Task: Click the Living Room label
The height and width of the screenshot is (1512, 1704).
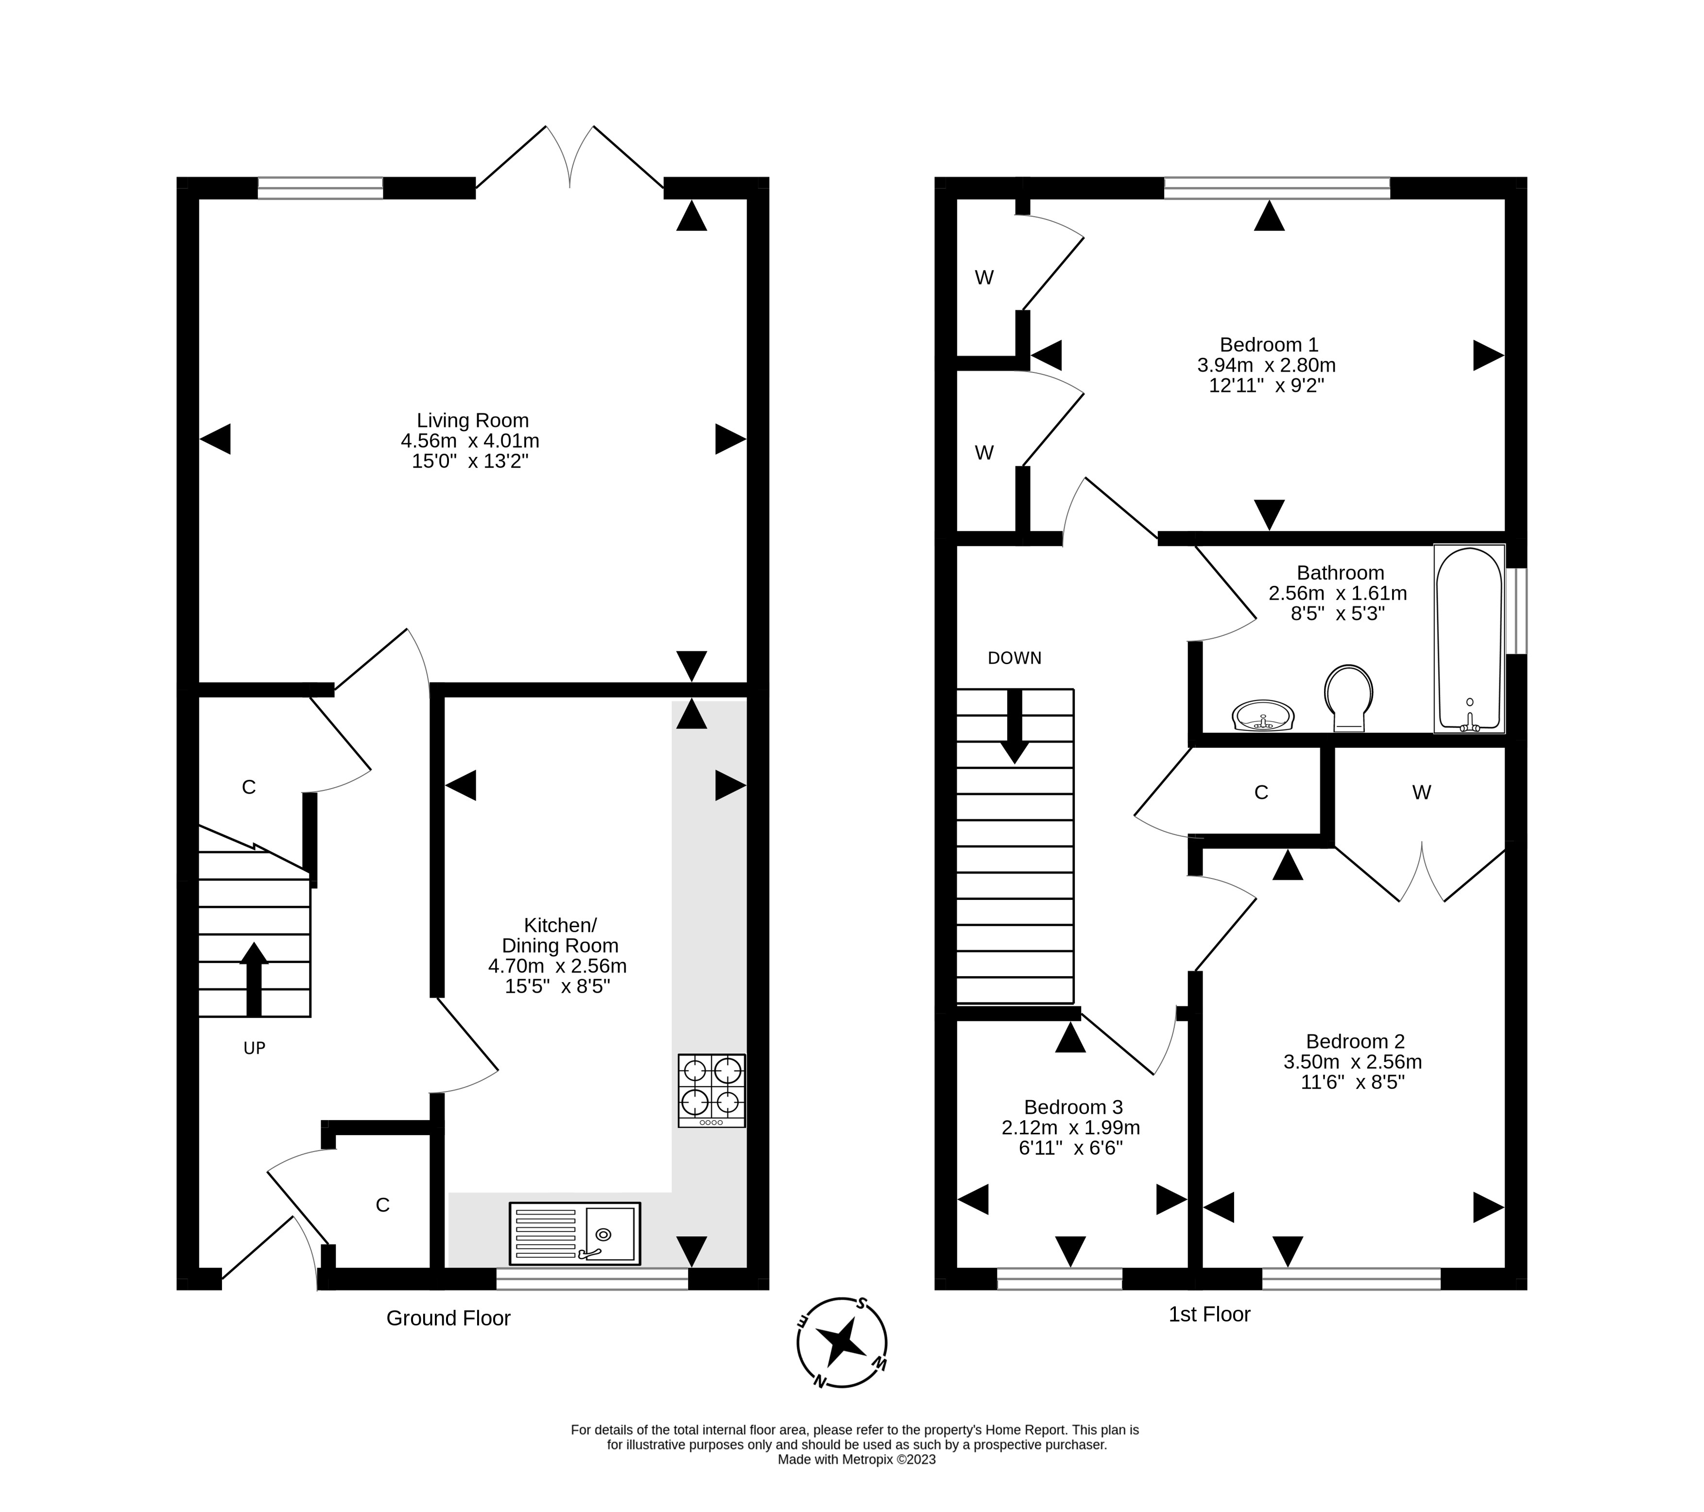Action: click(x=473, y=421)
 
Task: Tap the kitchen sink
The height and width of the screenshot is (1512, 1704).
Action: click(x=574, y=1232)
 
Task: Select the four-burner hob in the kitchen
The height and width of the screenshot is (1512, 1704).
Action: click(x=712, y=1091)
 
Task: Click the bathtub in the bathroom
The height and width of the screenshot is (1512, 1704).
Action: click(x=1469, y=639)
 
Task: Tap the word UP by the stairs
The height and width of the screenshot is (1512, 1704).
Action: click(x=254, y=1048)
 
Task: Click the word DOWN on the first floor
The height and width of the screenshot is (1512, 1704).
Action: click(x=1015, y=658)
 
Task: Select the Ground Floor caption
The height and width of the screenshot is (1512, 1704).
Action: click(x=448, y=1318)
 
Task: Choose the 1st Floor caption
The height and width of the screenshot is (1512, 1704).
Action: click(x=1210, y=1314)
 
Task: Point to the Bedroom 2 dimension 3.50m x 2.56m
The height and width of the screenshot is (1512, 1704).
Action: click(x=1352, y=1062)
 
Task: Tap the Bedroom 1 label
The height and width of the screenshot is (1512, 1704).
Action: click(x=1269, y=344)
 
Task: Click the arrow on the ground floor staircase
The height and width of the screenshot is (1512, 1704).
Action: click(x=254, y=979)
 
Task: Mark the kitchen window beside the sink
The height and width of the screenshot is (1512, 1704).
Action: click(x=593, y=1279)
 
